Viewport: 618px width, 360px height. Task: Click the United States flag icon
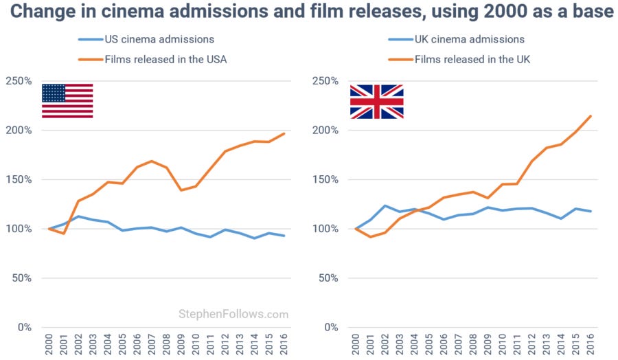tap(67, 101)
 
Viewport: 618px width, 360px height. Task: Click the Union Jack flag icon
tap(376, 102)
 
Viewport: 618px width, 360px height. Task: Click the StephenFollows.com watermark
tap(233, 315)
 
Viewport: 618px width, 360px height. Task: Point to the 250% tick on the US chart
tap(18, 81)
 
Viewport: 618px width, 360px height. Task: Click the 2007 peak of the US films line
tap(152, 161)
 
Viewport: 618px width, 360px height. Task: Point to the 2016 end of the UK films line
tap(591, 116)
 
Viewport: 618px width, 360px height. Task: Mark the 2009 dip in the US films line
tap(181, 190)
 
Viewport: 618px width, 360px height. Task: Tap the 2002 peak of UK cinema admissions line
tap(385, 205)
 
